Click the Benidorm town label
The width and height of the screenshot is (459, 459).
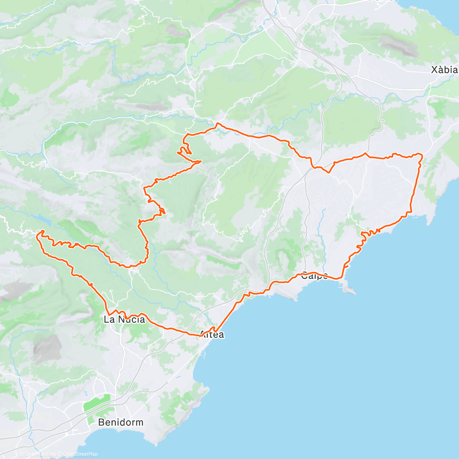120,422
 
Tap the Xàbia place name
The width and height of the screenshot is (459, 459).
444,70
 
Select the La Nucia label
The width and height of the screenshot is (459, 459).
124,319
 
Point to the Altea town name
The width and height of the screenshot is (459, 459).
212,335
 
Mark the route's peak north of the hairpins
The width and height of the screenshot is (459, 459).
217,124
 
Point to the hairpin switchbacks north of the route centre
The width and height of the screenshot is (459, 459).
185,150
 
